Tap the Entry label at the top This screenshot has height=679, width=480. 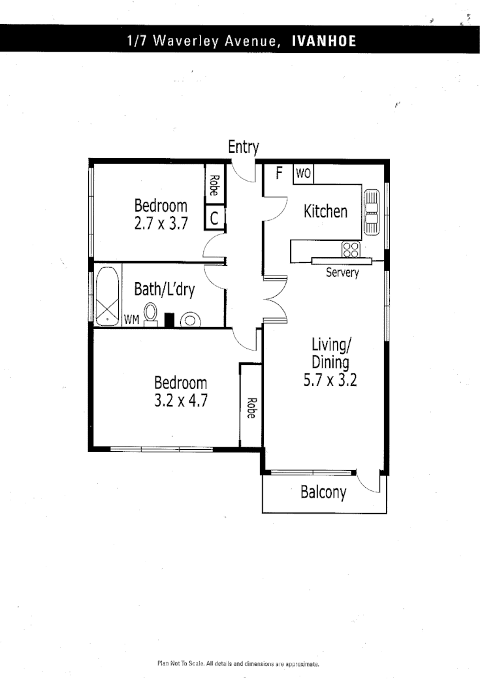(244, 148)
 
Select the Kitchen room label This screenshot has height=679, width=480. (326, 212)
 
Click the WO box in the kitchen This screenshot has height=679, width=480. (304, 174)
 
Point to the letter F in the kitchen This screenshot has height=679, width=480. (279, 174)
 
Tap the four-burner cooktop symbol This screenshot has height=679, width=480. (351, 249)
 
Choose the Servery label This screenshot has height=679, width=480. (342, 273)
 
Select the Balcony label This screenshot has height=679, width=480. (323, 492)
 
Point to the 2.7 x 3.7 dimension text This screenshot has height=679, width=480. (161, 223)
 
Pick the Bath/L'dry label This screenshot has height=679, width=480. (164, 289)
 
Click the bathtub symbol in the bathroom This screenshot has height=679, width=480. (108, 295)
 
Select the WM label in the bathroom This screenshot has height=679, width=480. (133, 320)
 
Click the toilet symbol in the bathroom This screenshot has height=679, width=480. (152, 314)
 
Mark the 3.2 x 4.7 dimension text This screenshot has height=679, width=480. (181, 401)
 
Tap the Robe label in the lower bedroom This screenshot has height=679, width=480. (251, 408)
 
